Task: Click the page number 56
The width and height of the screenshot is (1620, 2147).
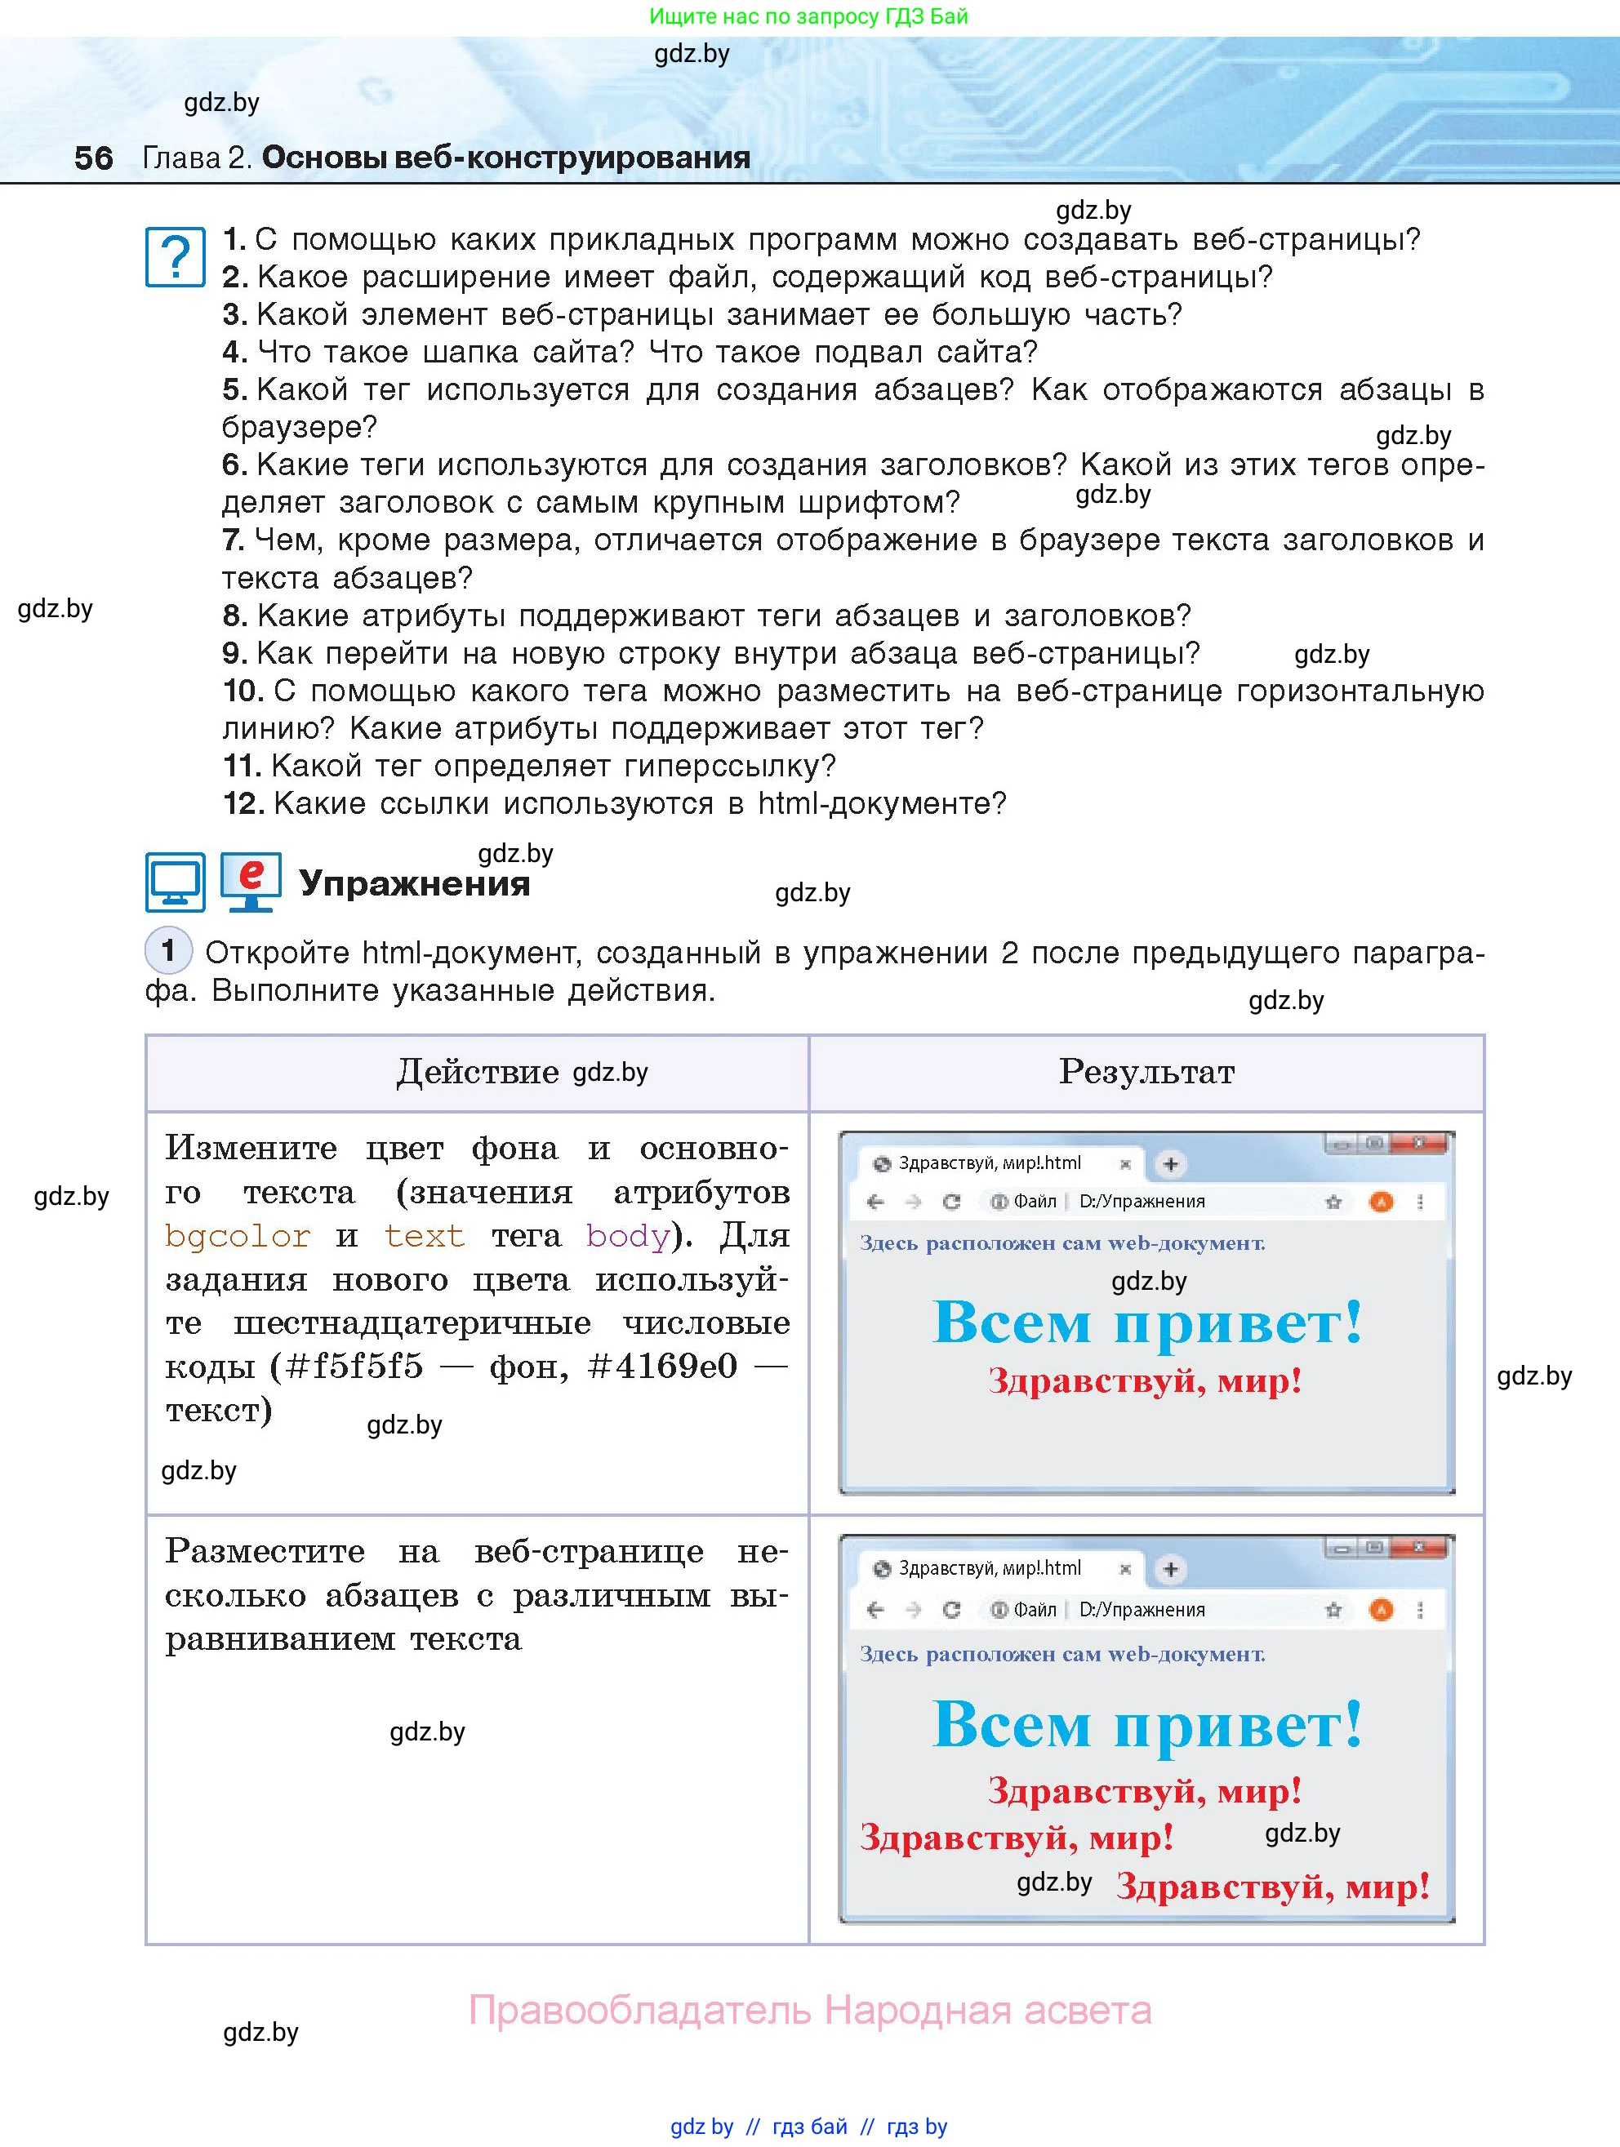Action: (93, 158)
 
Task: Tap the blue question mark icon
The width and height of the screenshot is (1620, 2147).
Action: (175, 257)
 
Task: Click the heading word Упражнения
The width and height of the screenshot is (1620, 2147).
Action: (415, 883)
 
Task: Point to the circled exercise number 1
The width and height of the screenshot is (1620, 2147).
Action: (168, 950)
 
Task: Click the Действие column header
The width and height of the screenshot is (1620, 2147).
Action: (477, 1072)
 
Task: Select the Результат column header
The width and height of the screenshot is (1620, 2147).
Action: (1146, 1072)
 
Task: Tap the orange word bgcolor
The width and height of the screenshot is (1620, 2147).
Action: (238, 1236)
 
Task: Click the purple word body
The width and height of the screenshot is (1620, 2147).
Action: (628, 1236)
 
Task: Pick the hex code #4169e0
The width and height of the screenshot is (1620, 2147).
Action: (663, 1367)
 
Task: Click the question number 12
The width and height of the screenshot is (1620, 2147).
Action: (243, 803)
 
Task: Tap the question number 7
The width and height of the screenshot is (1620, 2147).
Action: (232, 540)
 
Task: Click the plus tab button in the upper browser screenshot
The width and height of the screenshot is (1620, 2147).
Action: (1171, 1164)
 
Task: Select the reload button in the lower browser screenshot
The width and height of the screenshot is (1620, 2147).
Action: (951, 1609)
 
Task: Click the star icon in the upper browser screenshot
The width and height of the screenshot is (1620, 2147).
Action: (1333, 1202)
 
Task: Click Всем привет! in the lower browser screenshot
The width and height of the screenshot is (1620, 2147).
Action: (1147, 1726)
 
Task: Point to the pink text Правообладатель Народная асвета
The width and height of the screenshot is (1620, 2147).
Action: (809, 2009)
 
